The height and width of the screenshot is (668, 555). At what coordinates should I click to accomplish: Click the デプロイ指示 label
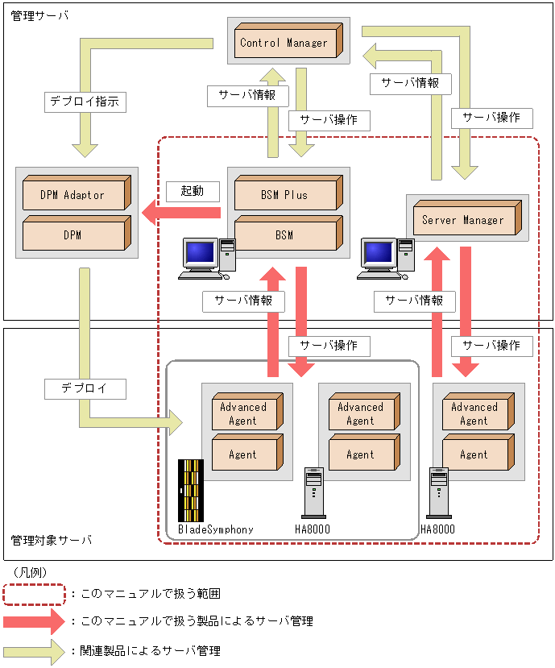pos(83,102)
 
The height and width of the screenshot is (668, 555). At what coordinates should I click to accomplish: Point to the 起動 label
pos(192,191)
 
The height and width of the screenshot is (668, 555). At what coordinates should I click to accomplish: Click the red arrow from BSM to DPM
pos(181,213)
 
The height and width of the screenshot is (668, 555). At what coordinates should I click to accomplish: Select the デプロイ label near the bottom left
pos(84,388)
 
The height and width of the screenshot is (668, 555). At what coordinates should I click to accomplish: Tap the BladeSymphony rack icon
pos(191,491)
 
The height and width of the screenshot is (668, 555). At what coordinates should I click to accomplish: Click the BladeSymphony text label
pos(216,529)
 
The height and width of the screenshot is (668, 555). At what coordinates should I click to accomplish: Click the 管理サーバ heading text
pos(39,15)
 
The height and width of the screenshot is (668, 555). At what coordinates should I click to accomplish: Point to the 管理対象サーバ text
pos(51,539)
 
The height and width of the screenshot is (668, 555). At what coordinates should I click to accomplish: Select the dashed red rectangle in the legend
pos(33,593)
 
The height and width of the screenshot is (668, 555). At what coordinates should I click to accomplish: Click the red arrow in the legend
pos(33,621)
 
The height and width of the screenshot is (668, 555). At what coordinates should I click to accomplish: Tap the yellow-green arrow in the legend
pos(33,649)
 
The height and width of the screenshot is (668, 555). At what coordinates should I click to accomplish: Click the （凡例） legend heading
pos(29,571)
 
